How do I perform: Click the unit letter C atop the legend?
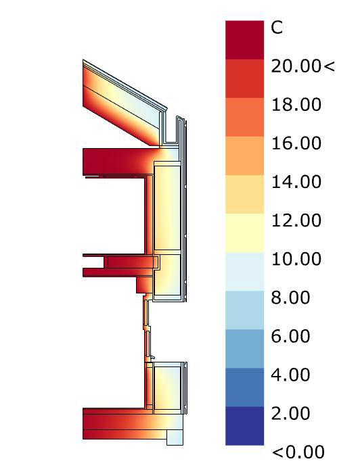click(277, 28)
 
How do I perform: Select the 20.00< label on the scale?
click(303, 66)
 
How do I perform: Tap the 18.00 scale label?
click(296, 105)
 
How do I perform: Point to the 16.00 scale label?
click(296, 143)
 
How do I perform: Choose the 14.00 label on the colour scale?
click(296, 182)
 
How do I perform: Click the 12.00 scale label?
click(296, 220)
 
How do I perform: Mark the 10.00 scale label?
click(296, 260)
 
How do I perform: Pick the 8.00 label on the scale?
click(290, 298)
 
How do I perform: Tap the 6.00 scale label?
click(290, 337)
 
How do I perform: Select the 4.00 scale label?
click(290, 375)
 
